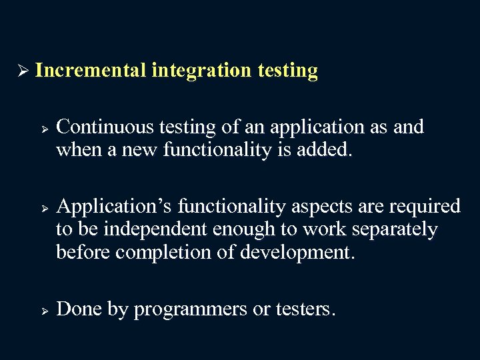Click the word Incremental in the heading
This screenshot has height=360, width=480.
91,71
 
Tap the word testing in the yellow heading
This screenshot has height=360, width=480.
287,71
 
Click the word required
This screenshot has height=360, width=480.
424,207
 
